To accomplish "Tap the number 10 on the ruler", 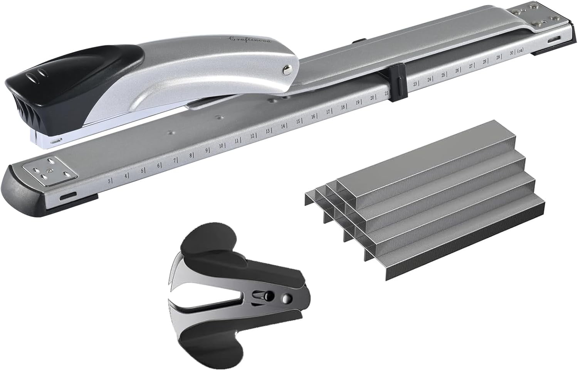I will (221, 146).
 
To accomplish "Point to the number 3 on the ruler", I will (109, 181).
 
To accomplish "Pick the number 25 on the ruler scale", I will (443, 75).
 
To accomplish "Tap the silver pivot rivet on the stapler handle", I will (287, 69).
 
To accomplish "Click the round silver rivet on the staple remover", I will (286, 298).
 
